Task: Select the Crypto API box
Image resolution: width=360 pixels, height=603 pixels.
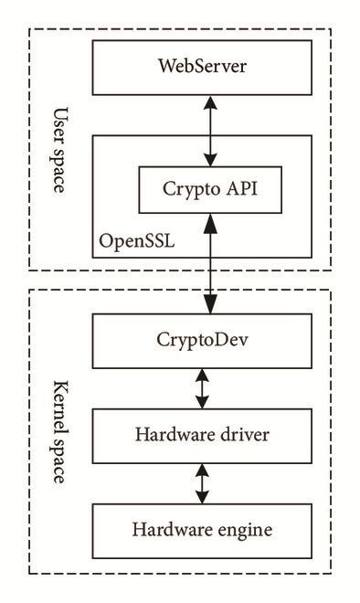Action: tap(208, 192)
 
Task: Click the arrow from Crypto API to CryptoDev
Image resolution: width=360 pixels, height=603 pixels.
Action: tap(209, 265)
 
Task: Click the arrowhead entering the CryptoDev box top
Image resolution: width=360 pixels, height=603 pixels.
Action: tap(209, 310)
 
